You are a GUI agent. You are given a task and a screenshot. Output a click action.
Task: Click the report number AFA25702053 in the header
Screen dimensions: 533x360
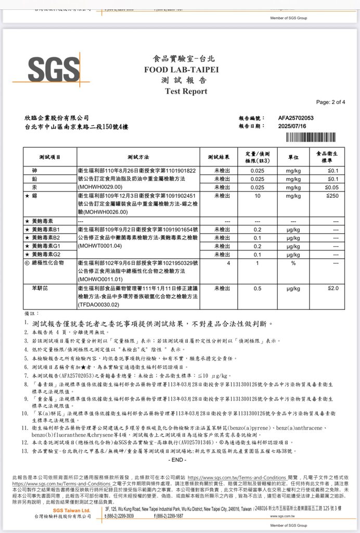click(x=296, y=118)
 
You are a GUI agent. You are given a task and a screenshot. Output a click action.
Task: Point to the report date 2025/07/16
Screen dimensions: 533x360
click(x=293, y=126)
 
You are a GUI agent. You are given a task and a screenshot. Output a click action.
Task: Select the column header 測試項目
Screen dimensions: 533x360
click(x=50, y=157)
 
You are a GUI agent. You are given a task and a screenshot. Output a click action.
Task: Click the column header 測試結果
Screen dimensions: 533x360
click(x=218, y=157)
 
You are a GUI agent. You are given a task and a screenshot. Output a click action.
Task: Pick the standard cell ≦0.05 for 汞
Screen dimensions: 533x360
click(x=331, y=187)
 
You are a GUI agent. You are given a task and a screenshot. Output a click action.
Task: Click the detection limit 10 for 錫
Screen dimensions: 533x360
click(x=257, y=196)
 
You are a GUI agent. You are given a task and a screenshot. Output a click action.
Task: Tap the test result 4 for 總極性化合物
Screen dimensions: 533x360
click(x=228, y=263)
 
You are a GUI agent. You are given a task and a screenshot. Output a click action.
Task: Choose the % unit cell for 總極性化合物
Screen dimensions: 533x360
click(x=293, y=263)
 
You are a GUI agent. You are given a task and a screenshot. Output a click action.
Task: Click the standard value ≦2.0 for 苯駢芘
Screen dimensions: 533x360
click(x=333, y=288)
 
